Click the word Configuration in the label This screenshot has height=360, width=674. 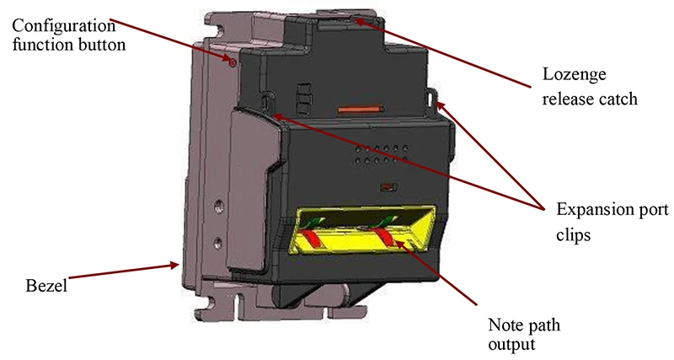click(x=59, y=25)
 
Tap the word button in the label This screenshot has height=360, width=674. click(x=105, y=44)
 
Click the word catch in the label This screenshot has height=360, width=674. click(x=618, y=99)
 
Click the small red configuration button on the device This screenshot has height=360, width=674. click(x=232, y=60)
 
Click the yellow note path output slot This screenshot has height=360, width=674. click(x=363, y=233)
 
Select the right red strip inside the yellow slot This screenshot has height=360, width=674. click(x=388, y=228)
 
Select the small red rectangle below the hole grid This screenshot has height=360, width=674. click(x=388, y=186)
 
